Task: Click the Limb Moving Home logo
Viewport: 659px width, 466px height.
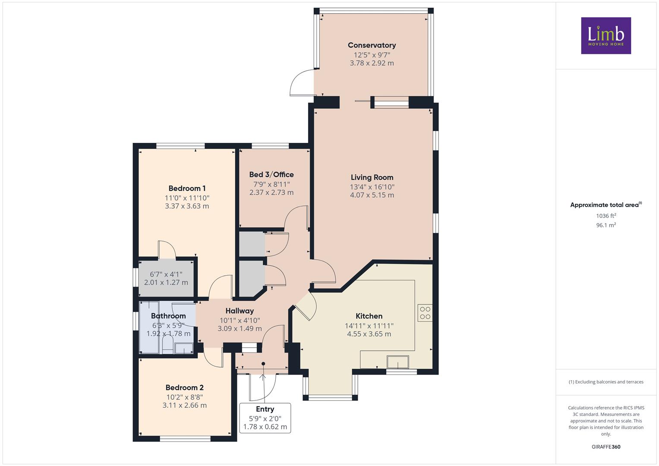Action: (x=606, y=35)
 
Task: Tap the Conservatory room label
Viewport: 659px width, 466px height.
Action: (x=372, y=45)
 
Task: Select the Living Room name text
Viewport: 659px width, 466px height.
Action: (x=372, y=177)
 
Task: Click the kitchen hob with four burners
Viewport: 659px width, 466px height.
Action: (x=425, y=313)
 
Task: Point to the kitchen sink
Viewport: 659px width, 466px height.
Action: (x=398, y=362)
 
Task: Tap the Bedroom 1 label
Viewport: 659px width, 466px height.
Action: (x=187, y=188)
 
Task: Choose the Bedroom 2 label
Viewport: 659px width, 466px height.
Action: (x=184, y=387)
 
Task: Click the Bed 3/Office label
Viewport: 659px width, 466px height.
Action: (x=271, y=174)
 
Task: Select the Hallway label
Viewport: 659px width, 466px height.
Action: (x=240, y=311)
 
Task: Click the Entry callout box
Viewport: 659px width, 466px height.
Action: (x=265, y=418)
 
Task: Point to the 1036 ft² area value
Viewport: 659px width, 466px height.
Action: (x=606, y=216)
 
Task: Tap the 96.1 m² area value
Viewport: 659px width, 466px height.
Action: (x=606, y=225)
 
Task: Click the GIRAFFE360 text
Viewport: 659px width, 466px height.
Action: (x=606, y=447)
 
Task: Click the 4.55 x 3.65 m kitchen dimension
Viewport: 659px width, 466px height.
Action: (x=369, y=334)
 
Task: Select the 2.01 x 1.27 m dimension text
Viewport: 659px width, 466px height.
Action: (x=166, y=283)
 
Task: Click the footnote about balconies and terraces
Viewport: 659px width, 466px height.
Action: (x=606, y=382)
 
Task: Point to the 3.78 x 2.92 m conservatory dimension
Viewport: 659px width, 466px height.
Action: (x=372, y=63)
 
